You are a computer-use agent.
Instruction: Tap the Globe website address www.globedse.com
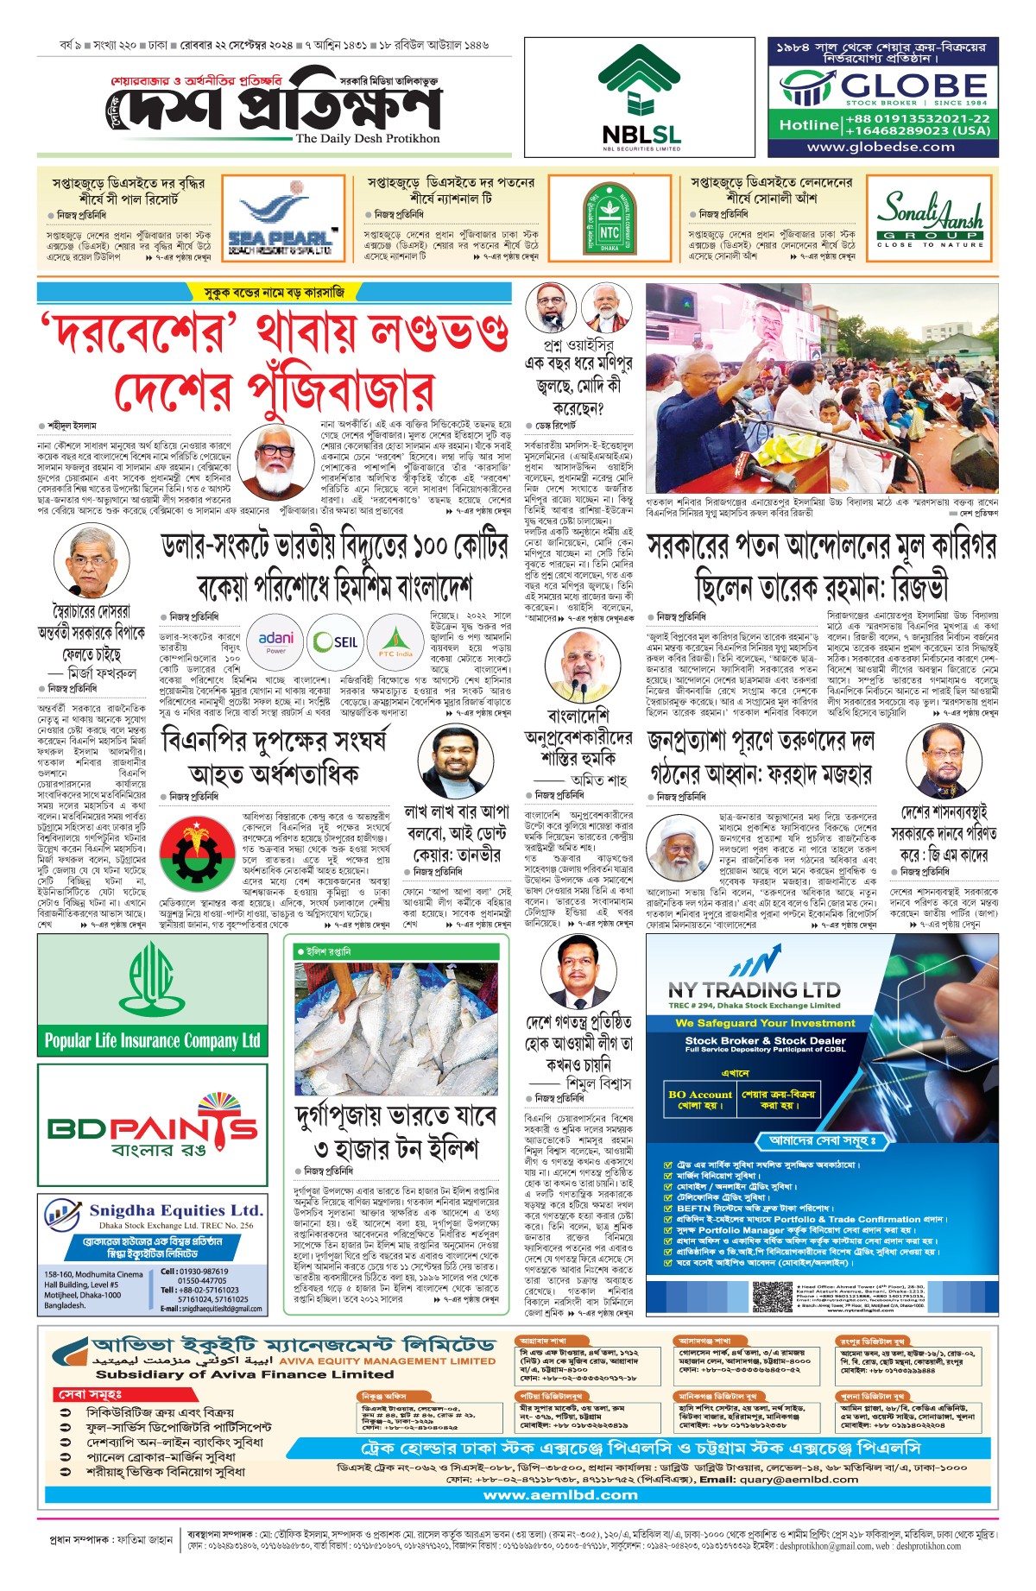pyautogui.click(x=881, y=147)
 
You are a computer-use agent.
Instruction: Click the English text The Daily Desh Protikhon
pyautogui.click(x=368, y=138)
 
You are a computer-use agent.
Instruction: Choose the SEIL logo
pyautogui.click(x=335, y=641)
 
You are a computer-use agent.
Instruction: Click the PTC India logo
pyautogui.click(x=395, y=641)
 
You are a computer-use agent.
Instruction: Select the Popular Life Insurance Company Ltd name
pyautogui.click(x=152, y=1040)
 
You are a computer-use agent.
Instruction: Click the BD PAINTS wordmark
pyautogui.click(x=152, y=1128)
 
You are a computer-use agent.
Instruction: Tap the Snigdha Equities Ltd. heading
pyautogui.click(x=175, y=1210)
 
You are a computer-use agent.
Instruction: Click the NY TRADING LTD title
pyautogui.click(x=754, y=989)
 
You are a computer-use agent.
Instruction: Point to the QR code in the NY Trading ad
pyautogui.click(x=772, y=1296)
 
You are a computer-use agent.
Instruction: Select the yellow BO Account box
pyautogui.click(x=699, y=1099)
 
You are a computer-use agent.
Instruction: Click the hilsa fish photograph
pyautogui.click(x=396, y=1017)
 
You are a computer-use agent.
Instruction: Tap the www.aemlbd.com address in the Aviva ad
pyautogui.click(x=560, y=1495)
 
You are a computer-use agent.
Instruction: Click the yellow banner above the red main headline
pyautogui.click(x=273, y=293)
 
